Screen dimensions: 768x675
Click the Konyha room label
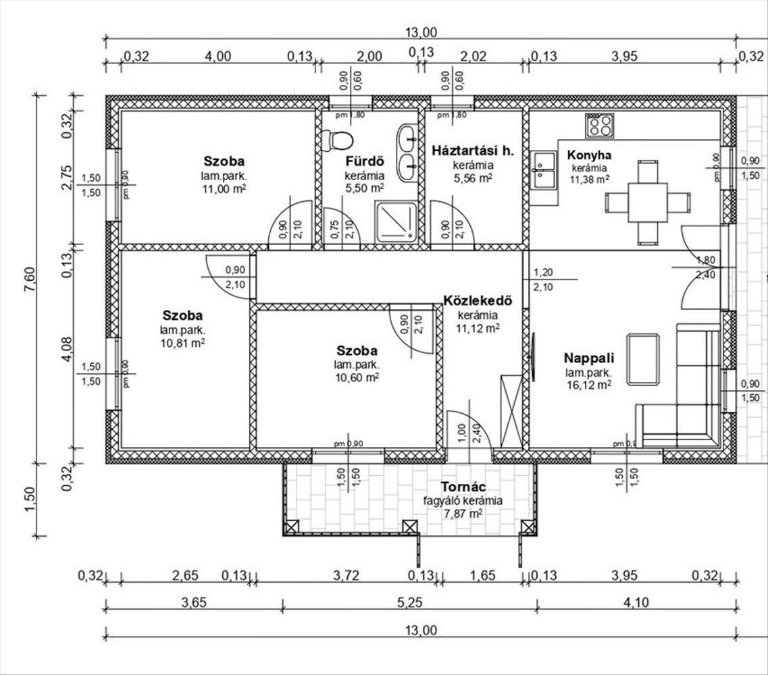point(589,154)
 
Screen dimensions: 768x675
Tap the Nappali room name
point(588,358)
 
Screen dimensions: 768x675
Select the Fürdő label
point(365,161)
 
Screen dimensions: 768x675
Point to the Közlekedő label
point(476,300)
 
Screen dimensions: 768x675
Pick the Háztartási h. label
point(473,151)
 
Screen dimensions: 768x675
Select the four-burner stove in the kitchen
point(600,125)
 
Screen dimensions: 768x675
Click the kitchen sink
point(543,169)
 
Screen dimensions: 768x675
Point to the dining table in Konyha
point(647,202)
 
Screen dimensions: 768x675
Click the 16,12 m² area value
point(588,385)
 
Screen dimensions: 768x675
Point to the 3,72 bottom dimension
point(346,575)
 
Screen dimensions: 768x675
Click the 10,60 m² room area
point(357,378)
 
